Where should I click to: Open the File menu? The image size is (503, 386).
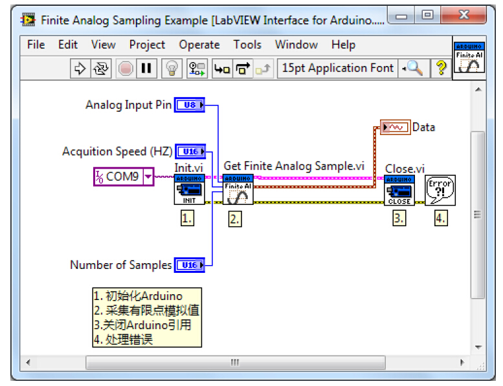pyautogui.click(x=36, y=45)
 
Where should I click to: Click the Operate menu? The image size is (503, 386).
pyautogui.click(x=199, y=45)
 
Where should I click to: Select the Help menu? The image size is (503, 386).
pyautogui.click(x=343, y=45)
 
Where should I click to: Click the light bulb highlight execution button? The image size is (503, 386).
pyautogui.click(x=172, y=68)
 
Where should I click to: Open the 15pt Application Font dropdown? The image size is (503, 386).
pyautogui.click(x=338, y=68)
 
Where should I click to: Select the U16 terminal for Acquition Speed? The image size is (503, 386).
pyautogui.click(x=190, y=152)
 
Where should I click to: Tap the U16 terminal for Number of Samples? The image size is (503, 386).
pyautogui.click(x=189, y=265)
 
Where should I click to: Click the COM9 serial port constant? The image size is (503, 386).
pyautogui.click(x=124, y=176)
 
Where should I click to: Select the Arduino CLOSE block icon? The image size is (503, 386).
pyautogui.click(x=399, y=190)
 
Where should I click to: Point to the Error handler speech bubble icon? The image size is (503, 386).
pyautogui.click(x=440, y=190)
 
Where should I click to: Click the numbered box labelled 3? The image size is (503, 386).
pyautogui.click(x=399, y=218)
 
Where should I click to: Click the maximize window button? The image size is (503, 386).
pyautogui.click(x=427, y=14)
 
